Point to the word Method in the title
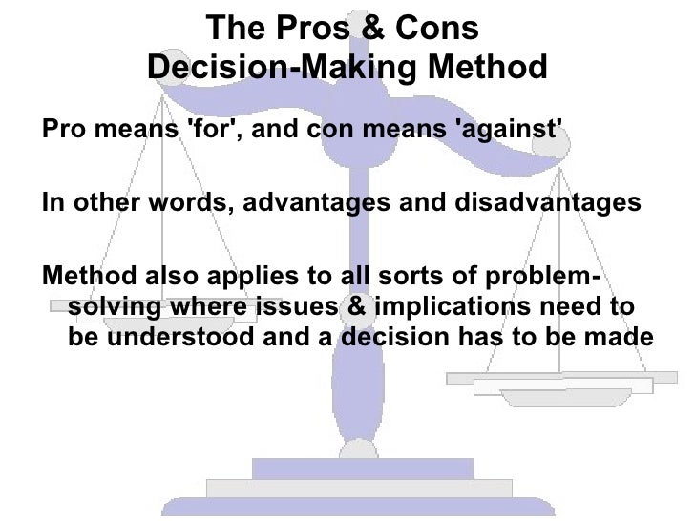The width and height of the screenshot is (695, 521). click(488, 69)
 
